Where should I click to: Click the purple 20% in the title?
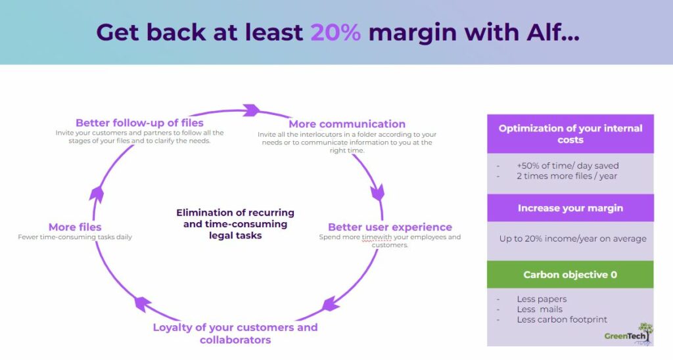point(336,32)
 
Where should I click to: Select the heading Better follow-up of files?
point(139,123)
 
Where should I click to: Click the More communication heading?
point(347,124)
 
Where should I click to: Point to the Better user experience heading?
point(390,227)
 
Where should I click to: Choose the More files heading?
point(75,227)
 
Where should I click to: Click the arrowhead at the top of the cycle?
point(252,110)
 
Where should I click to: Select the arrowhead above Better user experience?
point(378,192)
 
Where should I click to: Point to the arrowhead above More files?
point(97,194)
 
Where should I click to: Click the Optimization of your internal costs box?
point(570,134)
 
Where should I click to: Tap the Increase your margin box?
point(570,208)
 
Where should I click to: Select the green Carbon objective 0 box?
point(570,275)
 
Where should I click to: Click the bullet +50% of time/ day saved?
point(567,166)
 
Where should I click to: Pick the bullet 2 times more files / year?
point(567,176)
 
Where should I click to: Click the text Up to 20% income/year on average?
point(572,238)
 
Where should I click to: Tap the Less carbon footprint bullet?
point(562,320)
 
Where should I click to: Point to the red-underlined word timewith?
point(377,237)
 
